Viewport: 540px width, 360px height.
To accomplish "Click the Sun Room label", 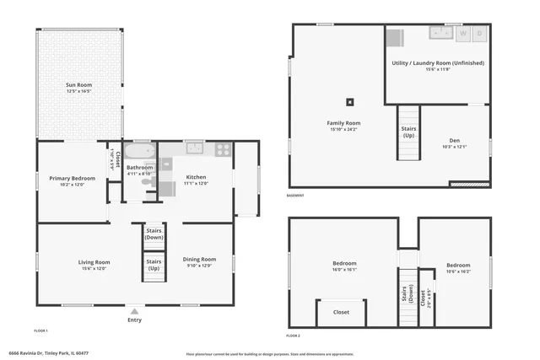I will coord(79,84).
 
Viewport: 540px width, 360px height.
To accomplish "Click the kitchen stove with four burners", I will coord(223,149).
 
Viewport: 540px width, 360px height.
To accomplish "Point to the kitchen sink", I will coord(194,149).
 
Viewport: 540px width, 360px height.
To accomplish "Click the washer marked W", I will coord(462,34).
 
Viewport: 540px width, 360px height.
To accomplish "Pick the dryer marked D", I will coord(479,34).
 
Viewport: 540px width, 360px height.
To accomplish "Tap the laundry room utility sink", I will coord(440,33).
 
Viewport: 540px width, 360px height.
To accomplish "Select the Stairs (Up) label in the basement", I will coord(408,132).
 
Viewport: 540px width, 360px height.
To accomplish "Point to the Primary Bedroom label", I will coord(72,178).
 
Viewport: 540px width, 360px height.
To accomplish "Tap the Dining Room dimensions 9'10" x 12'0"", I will coord(199,266).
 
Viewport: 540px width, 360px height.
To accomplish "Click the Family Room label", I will coord(343,123).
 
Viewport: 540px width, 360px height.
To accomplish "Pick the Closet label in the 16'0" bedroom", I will coord(341,312).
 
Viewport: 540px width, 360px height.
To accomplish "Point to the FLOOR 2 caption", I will coord(293,336).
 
